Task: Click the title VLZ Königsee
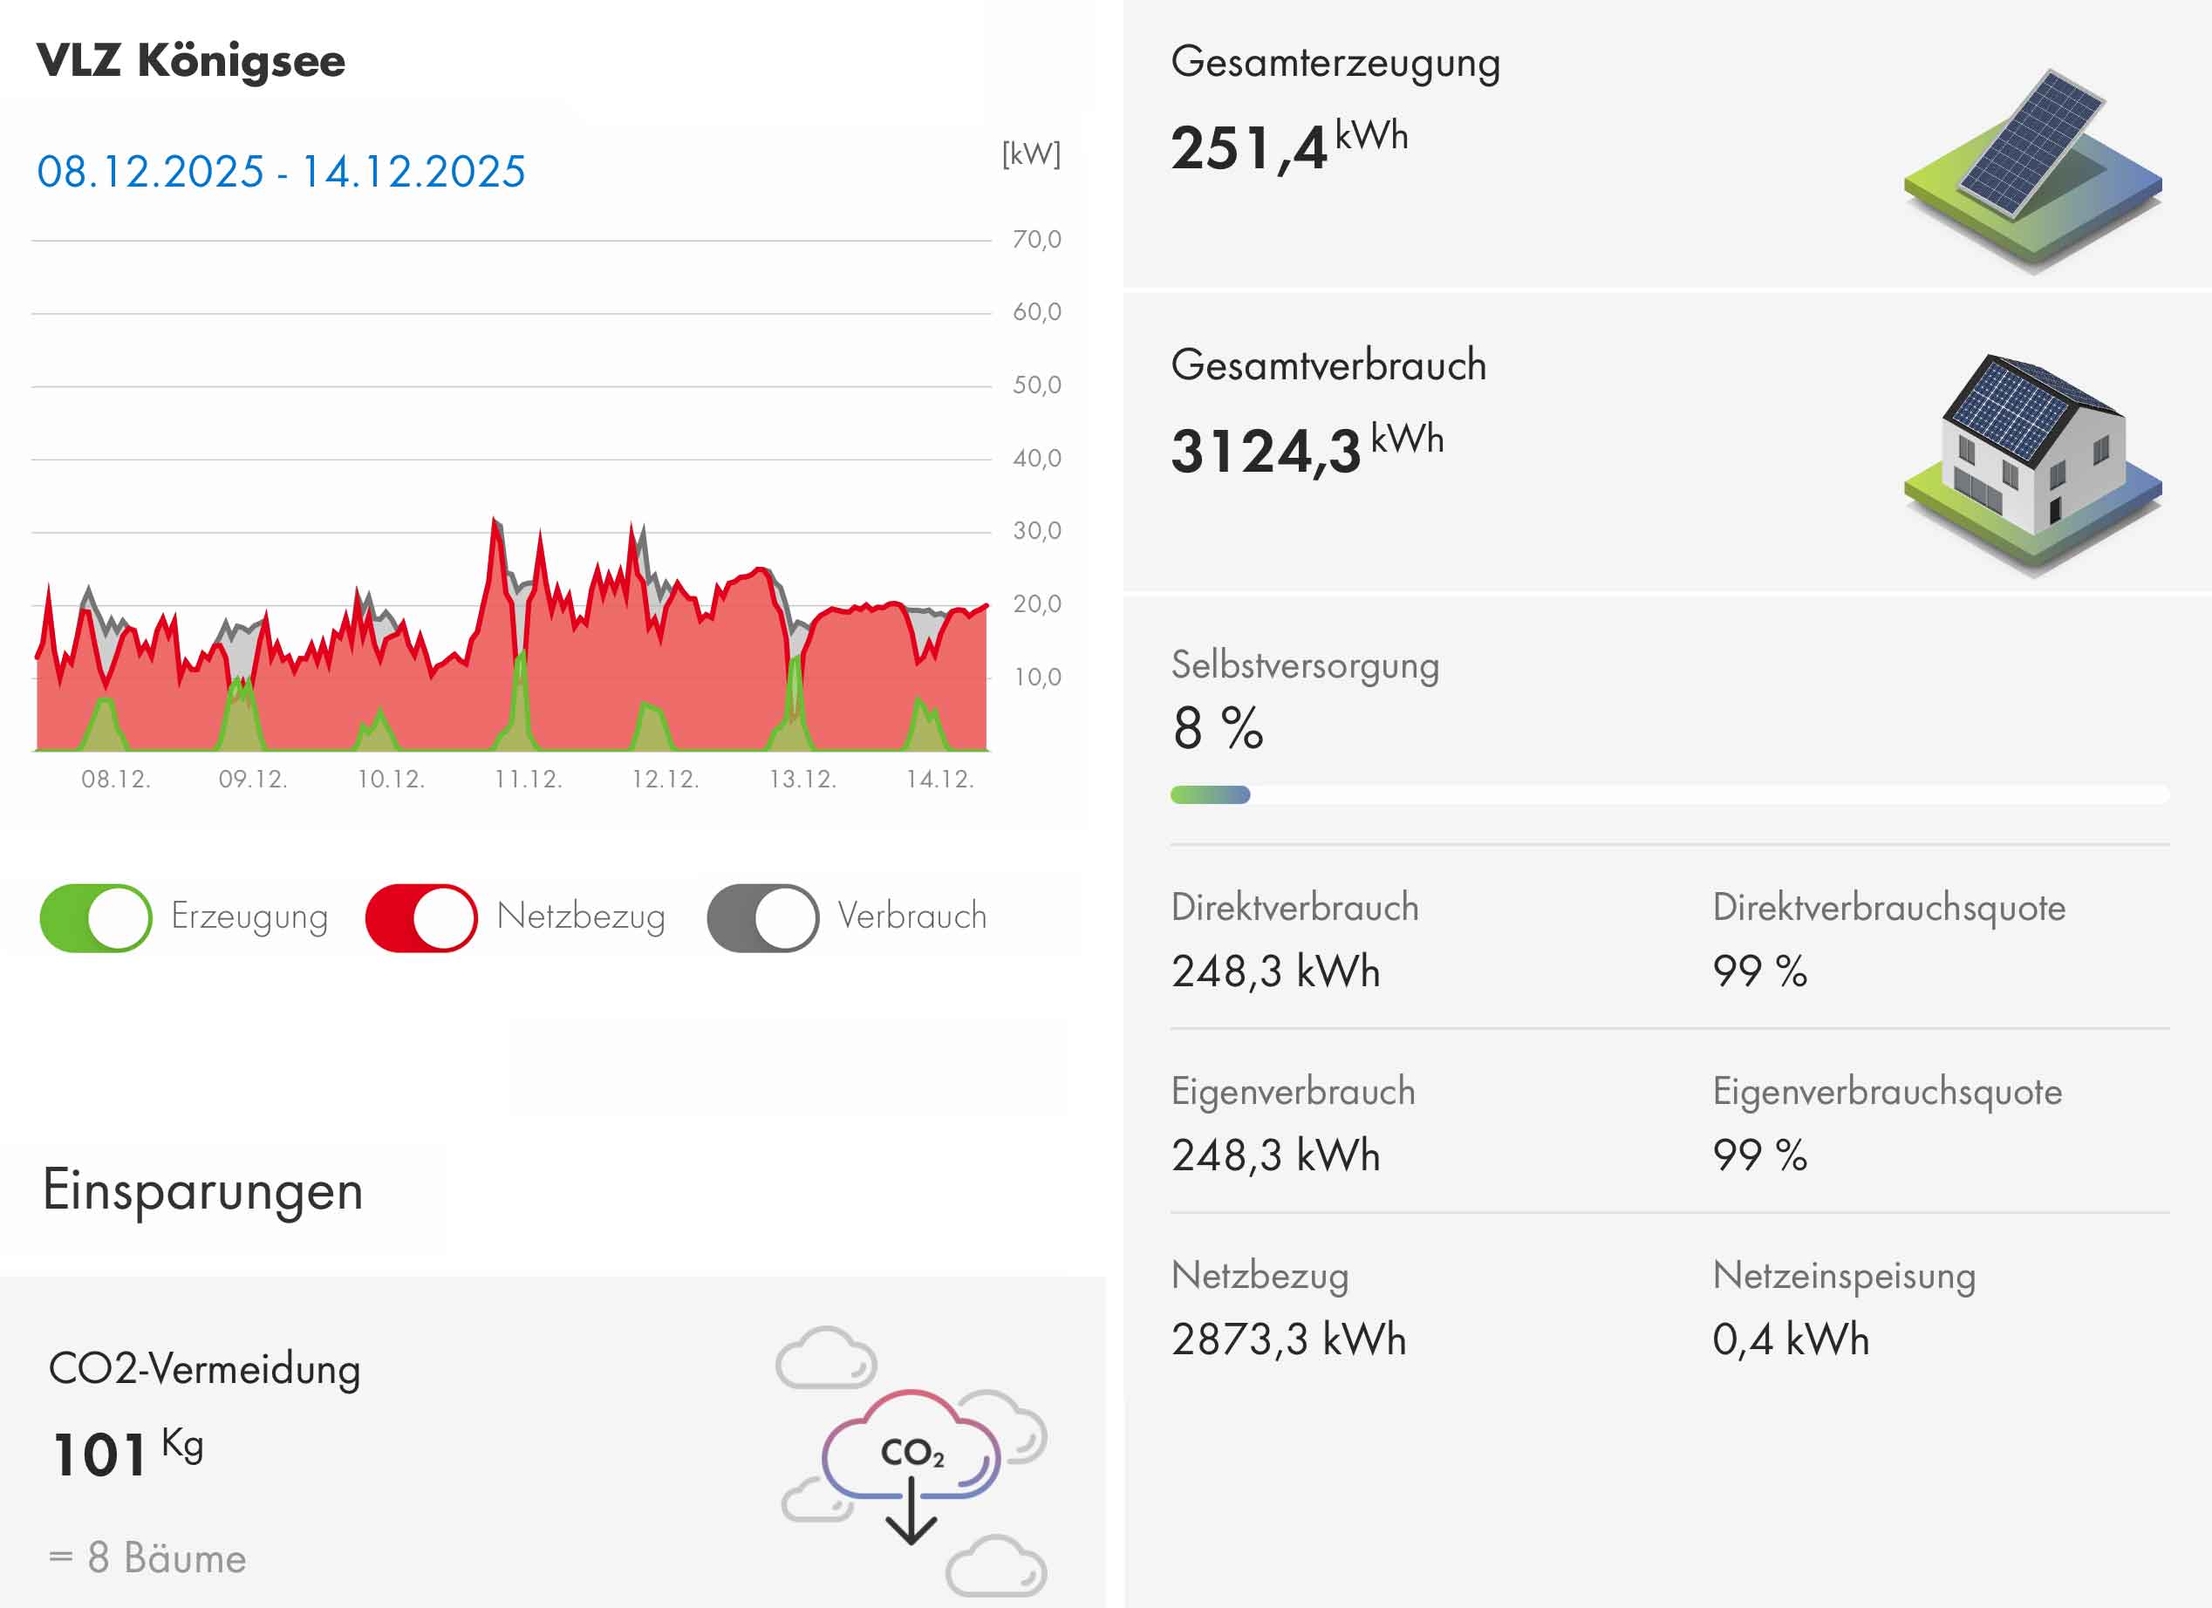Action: click(191, 61)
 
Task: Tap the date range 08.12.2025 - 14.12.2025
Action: click(281, 172)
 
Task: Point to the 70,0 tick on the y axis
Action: click(1035, 239)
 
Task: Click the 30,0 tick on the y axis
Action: click(1035, 530)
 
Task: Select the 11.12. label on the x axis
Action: click(528, 779)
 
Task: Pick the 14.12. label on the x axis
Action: click(939, 779)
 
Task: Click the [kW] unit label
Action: click(1031, 154)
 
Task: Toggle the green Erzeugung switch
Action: click(96, 917)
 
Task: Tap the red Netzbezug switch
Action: click(421, 917)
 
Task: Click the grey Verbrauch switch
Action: click(762, 917)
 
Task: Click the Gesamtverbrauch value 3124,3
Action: click(1265, 452)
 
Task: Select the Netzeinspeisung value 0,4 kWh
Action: click(1791, 1339)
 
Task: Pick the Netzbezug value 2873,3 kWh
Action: click(1288, 1339)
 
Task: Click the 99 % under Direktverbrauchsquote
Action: click(1759, 971)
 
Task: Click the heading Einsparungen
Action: click(203, 1190)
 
